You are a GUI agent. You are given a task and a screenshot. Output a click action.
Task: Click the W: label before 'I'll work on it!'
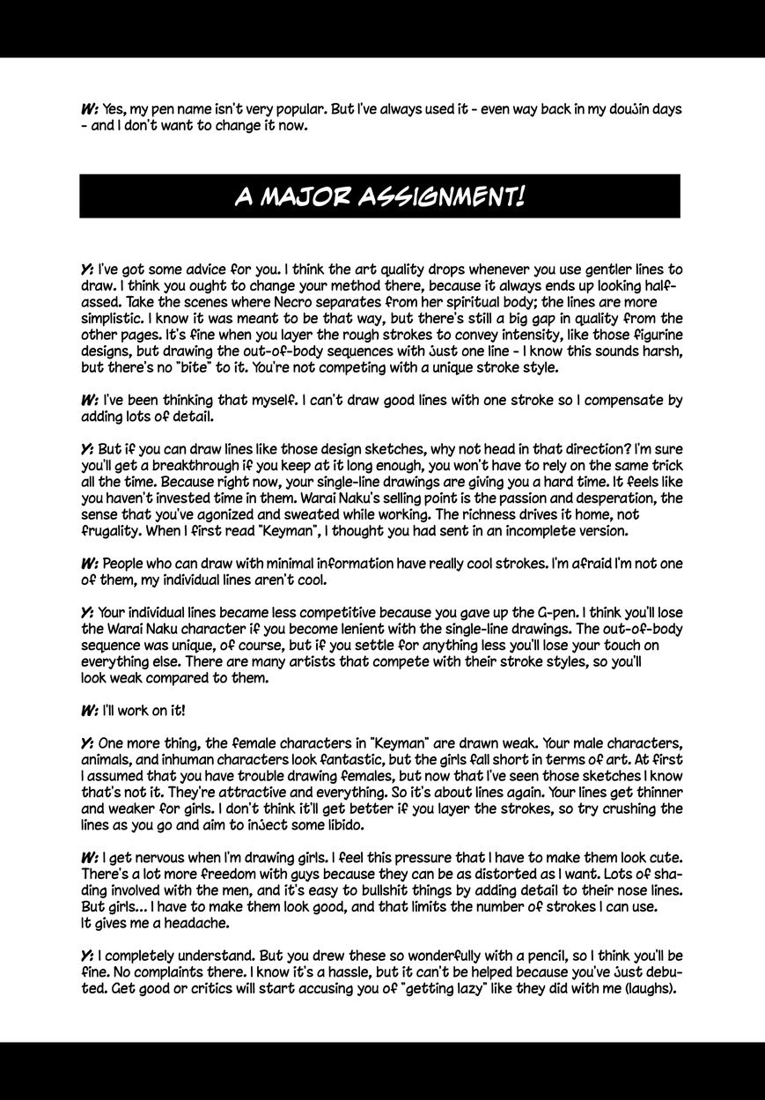[89, 710]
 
